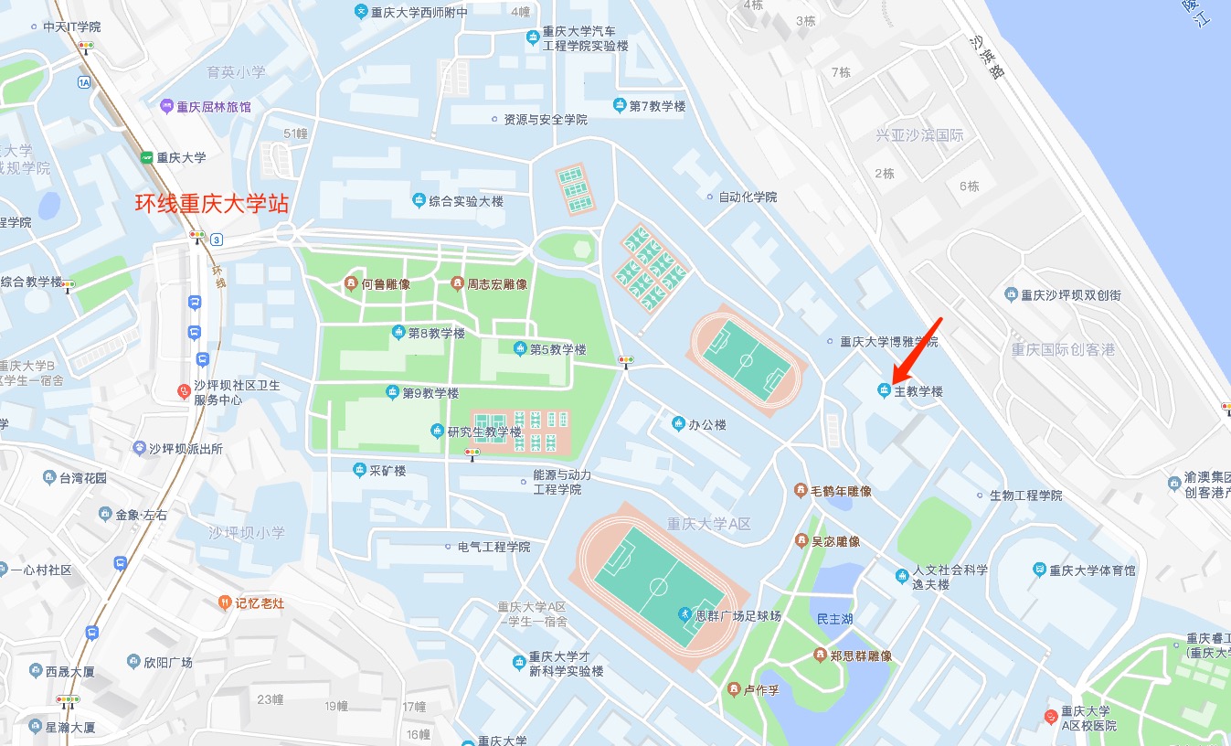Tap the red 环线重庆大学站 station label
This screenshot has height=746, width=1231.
click(212, 204)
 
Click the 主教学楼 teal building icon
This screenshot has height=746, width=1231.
click(884, 391)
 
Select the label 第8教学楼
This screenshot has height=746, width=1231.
click(436, 333)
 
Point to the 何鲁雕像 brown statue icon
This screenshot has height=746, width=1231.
click(350, 284)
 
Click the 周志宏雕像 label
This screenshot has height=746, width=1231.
click(497, 284)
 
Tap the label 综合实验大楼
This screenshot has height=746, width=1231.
click(466, 201)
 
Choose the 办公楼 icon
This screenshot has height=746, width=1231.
click(678, 423)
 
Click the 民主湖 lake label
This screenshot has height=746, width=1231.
click(834, 619)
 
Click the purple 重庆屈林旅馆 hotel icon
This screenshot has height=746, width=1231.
click(166, 106)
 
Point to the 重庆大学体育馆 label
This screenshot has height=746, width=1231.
click(1092, 570)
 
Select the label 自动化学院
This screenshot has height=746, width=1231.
click(747, 197)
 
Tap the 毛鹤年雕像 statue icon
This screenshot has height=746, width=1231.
click(801, 491)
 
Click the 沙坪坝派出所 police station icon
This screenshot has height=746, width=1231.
click(140, 448)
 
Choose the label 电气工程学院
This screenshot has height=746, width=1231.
click(493, 547)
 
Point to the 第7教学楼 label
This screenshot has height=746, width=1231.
click(656, 106)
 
